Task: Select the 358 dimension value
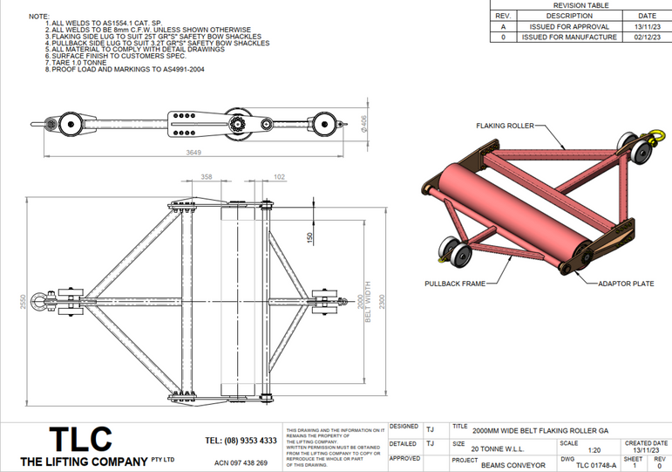(206, 177)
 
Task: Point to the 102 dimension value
(278, 177)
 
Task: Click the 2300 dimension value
(381, 299)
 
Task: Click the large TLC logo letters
(79, 439)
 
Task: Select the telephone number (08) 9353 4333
(241, 441)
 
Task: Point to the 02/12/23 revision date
(647, 38)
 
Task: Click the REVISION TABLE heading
(581, 5)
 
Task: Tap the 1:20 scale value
(594, 451)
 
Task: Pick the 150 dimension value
(309, 237)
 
